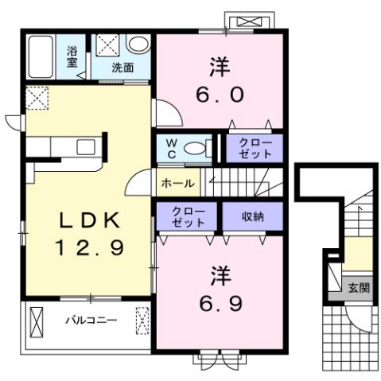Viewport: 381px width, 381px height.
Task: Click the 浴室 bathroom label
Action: (71, 53)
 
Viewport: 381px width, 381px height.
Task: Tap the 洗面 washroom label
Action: (122, 68)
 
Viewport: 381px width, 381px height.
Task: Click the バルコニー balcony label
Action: (91, 321)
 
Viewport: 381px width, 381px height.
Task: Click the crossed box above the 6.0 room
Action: (243, 21)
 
